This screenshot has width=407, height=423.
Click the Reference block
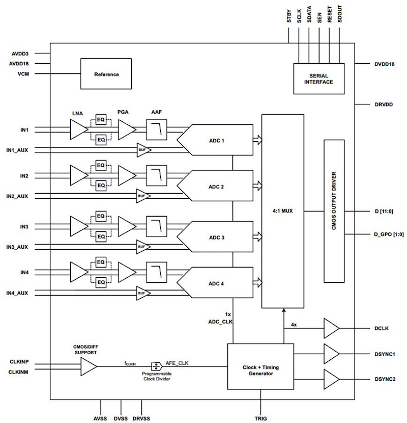[x=106, y=74]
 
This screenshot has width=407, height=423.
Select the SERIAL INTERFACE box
[x=319, y=79]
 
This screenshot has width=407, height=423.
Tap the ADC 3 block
[x=215, y=237]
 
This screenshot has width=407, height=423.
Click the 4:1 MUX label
[x=282, y=210]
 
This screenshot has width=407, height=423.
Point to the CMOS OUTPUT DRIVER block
[x=334, y=211]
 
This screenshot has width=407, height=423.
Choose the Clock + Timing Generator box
[x=260, y=366]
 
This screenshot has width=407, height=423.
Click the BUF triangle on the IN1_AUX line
[x=144, y=150]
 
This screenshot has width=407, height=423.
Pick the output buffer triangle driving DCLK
[x=331, y=328]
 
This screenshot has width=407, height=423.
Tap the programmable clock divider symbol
[x=157, y=366]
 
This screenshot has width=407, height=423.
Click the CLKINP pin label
[x=19, y=362]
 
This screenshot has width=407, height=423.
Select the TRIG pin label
[x=261, y=419]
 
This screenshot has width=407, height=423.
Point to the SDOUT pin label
[x=340, y=14]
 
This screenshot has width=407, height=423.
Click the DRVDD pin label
[x=384, y=104]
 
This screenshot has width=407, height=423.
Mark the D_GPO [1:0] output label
[x=389, y=234]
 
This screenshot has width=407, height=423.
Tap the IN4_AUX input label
[x=17, y=293]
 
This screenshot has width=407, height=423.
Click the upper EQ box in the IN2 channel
[x=101, y=165]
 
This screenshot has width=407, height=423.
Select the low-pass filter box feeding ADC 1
[x=157, y=130]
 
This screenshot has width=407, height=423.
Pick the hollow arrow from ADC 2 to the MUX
[x=257, y=186]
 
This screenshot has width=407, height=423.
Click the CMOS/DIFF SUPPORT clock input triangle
[x=89, y=366]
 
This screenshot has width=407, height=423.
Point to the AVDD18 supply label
[x=19, y=64]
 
